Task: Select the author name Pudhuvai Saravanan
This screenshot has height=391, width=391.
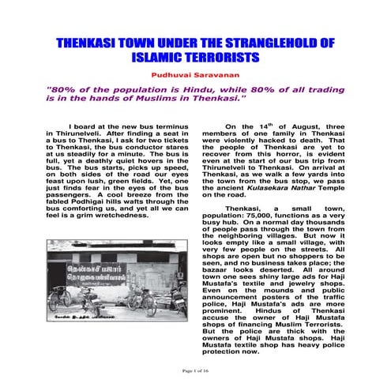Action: click(195, 70)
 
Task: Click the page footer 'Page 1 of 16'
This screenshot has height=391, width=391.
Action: click(195, 370)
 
